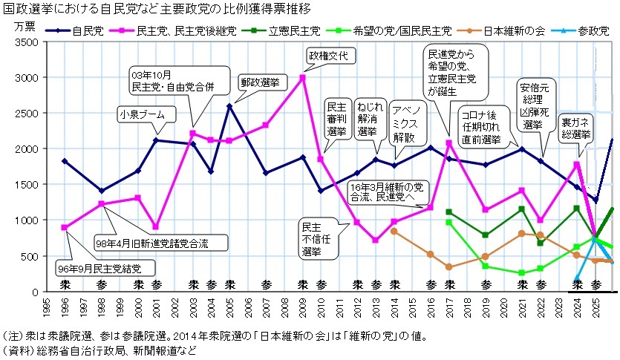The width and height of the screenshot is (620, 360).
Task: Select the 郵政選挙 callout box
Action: click(260, 82)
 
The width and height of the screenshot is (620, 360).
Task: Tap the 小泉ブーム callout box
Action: click(147, 114)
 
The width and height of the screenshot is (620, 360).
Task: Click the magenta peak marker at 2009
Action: click(303, 76)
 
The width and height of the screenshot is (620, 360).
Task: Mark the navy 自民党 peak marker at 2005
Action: click(229, 106)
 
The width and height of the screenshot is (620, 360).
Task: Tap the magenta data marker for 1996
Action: click(65, 227)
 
